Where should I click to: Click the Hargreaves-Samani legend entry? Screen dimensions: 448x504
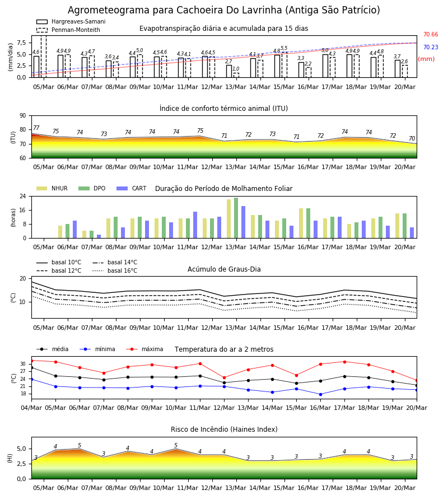click(71, 21)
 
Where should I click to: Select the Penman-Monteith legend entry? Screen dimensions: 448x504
click(68, 30)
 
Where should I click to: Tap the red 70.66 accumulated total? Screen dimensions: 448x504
click(431, 34)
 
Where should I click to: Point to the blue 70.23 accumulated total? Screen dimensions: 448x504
click(431, 47)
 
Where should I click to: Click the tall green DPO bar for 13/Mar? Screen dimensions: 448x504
click(236, 218)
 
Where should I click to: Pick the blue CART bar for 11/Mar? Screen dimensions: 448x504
click(195, 225)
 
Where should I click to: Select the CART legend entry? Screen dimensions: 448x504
click(132, 188)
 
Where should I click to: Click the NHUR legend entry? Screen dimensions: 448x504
click(52, 188)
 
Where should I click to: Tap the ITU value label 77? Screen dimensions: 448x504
click(36, 128)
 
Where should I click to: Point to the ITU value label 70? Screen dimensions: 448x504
click(412, 138)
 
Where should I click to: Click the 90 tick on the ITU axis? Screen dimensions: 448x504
click(23, 116)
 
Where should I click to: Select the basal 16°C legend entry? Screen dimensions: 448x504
click(115, 270)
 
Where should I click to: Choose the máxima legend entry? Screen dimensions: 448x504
click(144, 349)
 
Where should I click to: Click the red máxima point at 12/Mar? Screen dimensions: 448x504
click(225, 377)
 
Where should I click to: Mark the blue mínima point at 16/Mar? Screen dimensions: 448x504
click(320, 394)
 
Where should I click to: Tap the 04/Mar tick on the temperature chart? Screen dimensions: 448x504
click(31, 408)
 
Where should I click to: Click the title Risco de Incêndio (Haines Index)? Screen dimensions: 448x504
click(224, 430)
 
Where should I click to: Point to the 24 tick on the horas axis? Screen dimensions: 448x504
click(23, 196)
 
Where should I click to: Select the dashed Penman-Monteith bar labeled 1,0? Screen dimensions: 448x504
click(236, 75)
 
